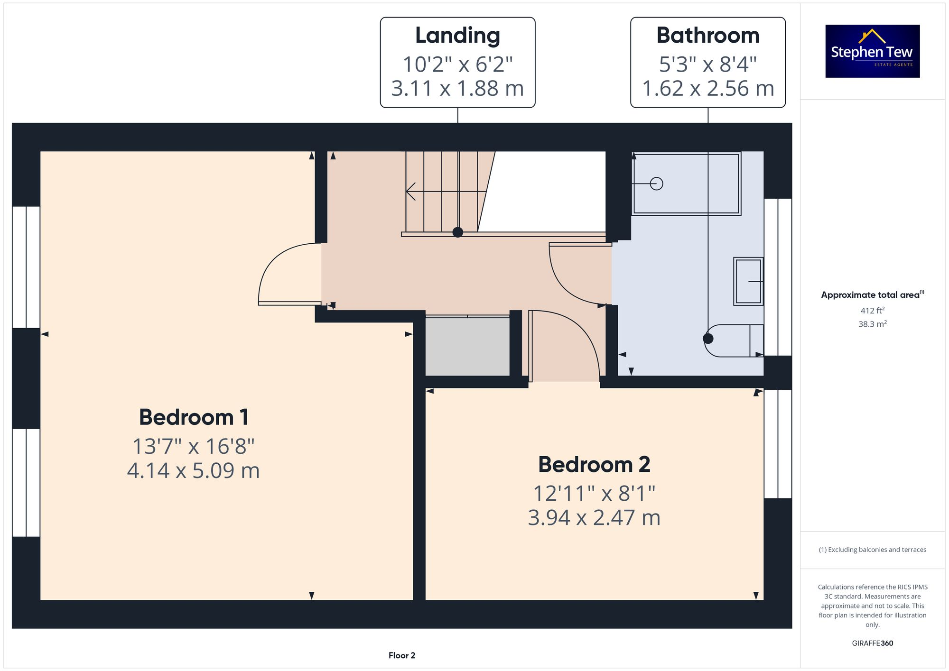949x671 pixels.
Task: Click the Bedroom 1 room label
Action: click(x=194, y=417)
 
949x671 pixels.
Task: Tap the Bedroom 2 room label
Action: click(x=594, y=464)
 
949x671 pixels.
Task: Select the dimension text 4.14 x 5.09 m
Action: click(x=194, y=471)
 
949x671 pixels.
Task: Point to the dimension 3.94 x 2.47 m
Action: click(x=594, y=518)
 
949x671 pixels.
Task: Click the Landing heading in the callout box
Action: click(x=457, y=36)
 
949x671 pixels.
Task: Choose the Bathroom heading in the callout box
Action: click(x=707, y=36)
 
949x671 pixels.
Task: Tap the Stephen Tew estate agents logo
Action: click(x=872, y=51)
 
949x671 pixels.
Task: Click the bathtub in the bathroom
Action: click(x=686, y=184)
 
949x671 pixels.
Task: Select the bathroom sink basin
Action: click(x=748, y=281)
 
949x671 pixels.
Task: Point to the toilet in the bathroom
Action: click(x=733, y=340)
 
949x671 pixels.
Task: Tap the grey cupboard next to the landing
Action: click(x=467, y=346)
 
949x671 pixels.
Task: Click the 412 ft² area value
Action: click(x=872, y=311)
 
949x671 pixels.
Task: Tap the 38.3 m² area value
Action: click(x=872, y=324)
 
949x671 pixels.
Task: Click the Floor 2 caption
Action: click(x=401, y=655)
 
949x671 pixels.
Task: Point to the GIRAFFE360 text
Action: click(x=872, y=643)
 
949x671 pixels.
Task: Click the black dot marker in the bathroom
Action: click(x=708, y=339)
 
